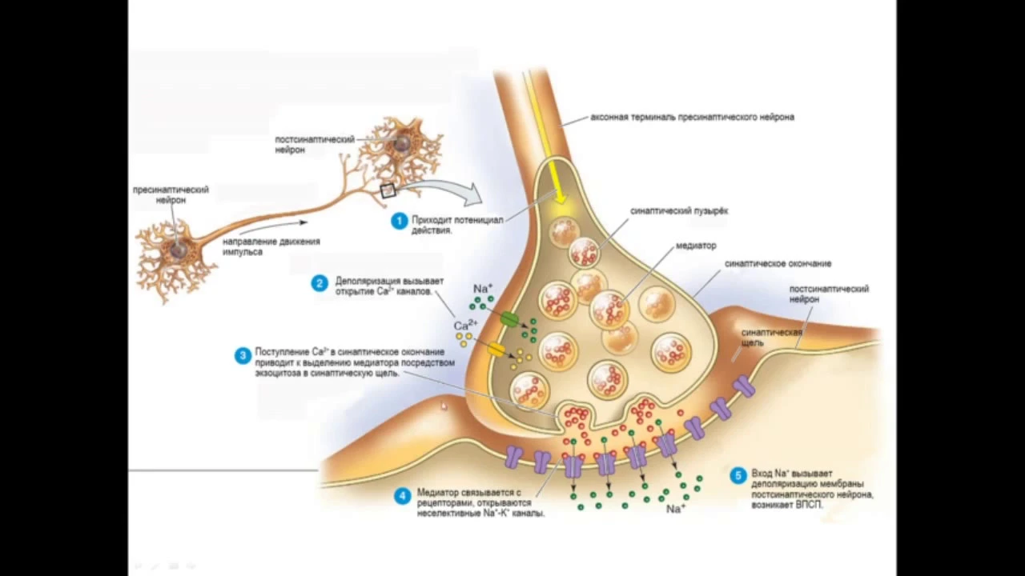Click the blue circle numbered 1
coord(400,222)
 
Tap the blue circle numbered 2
coord(320,283)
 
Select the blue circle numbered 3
coord(243,356)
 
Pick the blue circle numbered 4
coord(403,496)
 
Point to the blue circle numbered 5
coord(738,476)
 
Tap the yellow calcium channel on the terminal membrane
coord(496,350)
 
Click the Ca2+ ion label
coord(465,325)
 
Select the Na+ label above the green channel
coord(483,289)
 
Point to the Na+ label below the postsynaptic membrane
coord(676,509)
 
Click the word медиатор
coord(696,246)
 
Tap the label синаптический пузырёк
coord(679,211)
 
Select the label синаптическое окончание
coord(778,264)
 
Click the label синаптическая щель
coord(771,338)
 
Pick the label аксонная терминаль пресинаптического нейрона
coord(692,117)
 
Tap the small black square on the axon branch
coord(387,190)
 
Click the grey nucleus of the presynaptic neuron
coord(179,250)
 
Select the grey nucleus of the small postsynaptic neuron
coord(403,142)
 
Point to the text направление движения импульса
coord(271,247)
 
